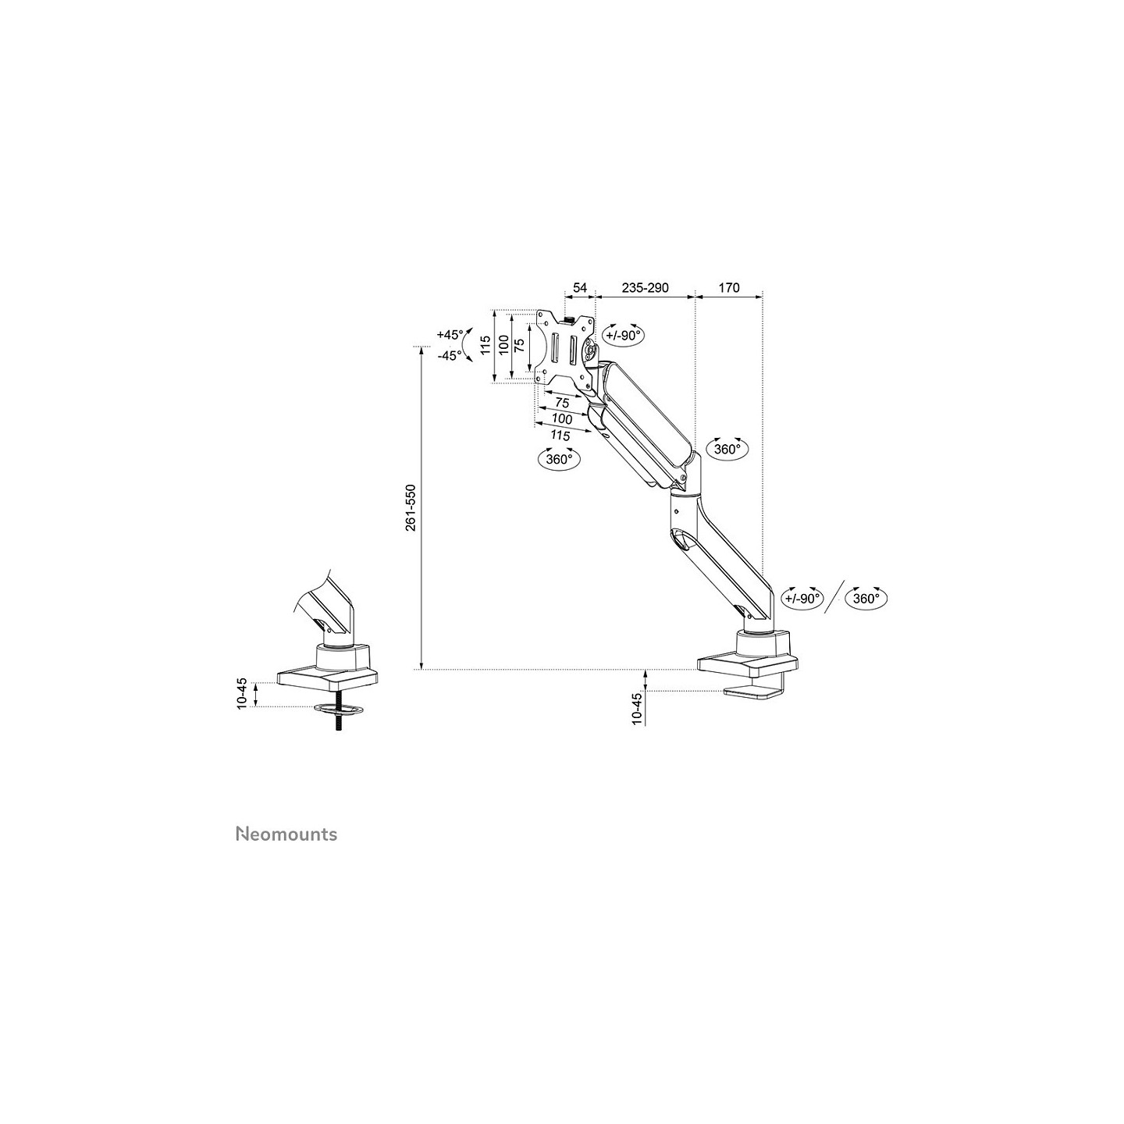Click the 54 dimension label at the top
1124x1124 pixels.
point(580,287)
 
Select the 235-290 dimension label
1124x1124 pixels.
point(645,287)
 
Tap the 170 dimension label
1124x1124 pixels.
point(729,287)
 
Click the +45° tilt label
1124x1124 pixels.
point(450,334)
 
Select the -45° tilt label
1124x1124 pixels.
point(450,356)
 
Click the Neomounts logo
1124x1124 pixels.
point(286,834)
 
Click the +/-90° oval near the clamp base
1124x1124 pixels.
point(802,599)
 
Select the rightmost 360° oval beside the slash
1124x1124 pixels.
point(866,599)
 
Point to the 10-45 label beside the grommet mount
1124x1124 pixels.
point(242,694)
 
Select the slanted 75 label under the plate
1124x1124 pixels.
point(562,403)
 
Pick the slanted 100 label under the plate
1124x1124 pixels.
point(562,419)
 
